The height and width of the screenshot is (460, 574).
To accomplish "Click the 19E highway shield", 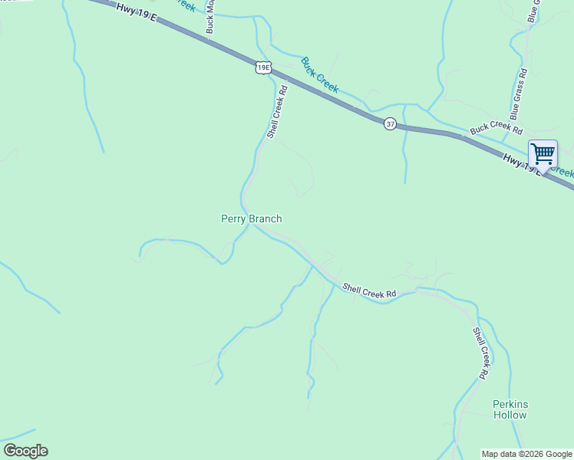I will coord(263,68).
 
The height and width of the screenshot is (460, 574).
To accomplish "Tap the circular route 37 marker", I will coord(390,123).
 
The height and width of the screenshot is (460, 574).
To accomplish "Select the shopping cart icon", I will coord(543,153).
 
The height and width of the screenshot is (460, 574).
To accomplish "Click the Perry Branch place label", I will coord(251,219).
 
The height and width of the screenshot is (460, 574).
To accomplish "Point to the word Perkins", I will coord(510,404).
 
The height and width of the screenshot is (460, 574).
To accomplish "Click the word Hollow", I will coord(510,415).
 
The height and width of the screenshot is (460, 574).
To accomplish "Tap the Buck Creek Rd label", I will coord(496,127).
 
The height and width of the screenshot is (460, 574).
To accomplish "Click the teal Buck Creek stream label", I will coord(319,75).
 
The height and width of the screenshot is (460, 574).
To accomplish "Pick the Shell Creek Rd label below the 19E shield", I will coord(277,111).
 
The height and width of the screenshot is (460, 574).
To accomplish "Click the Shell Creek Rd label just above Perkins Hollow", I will coord(480,353).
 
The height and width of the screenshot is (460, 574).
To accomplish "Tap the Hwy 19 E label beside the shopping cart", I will coord(522,164).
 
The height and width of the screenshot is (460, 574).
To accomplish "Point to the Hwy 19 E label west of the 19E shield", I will coord(136,12).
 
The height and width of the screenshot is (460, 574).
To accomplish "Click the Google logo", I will coord(25,451).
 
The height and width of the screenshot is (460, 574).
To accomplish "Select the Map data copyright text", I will coord(526,454).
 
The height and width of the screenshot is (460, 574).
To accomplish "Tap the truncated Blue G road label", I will coord(533,11).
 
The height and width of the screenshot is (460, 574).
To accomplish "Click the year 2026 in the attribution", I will coord(531,454).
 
